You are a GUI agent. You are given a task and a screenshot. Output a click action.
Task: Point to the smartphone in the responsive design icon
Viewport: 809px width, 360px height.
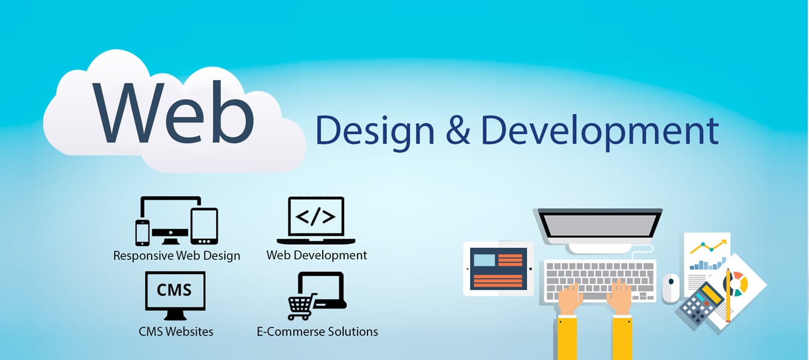click(142, 232)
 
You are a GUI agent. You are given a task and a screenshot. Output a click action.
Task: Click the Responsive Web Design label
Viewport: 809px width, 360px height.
click(176, 256)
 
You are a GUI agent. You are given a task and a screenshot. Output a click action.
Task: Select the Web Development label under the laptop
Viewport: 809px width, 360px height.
click(317, 255)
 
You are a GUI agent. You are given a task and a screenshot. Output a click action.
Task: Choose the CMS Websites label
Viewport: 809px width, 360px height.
click(176, 331)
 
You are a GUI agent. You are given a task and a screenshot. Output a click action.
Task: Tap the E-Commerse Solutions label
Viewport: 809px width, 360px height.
click(317, 331)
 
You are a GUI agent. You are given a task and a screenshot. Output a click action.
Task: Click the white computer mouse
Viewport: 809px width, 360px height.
click(670, 287)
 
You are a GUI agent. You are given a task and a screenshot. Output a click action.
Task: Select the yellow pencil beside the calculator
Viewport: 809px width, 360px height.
click(728, 295)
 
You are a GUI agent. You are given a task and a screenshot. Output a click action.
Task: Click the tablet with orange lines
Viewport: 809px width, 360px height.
click(498, 268)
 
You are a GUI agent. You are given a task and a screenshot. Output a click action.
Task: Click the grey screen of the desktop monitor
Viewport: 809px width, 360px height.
click(600, 223)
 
